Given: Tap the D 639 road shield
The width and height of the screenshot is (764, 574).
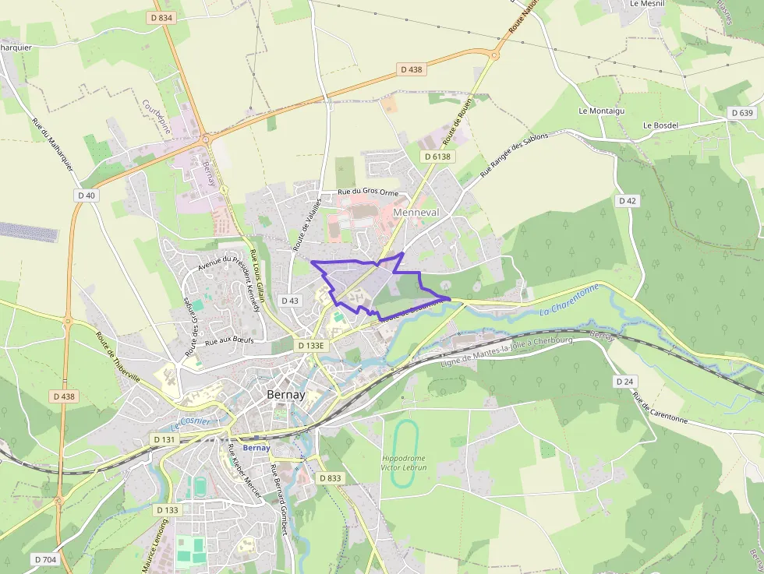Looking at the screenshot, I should coord(744,113).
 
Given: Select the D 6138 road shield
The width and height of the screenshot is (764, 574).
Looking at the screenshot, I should coord(437,157).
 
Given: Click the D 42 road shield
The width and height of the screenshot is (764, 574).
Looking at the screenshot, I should coord(628,201).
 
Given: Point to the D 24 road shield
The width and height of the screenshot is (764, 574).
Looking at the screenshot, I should coord(624,382).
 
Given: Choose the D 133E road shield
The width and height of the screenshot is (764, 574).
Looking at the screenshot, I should coord(311,345).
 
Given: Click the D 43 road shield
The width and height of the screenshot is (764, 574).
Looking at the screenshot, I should coord(289,301).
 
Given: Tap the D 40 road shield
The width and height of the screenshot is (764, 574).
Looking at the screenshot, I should coord(87,195).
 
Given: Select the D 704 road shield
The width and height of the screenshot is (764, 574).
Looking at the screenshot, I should coord(45,559).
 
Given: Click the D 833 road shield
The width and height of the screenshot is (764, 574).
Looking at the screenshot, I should coord(331,478).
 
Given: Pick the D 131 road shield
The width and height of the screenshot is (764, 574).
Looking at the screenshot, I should coord(164,439).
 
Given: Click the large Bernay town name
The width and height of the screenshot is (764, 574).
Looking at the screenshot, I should coord(285,395).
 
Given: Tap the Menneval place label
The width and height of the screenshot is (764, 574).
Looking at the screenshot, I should coord(416,212).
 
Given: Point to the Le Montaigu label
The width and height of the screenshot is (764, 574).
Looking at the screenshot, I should coord(601,111).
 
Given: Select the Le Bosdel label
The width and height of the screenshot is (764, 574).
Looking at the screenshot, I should coord(660,125).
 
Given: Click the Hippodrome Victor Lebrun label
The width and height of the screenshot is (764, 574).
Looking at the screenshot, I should coord(404,463).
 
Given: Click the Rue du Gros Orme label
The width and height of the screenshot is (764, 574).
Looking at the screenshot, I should coord(367,192).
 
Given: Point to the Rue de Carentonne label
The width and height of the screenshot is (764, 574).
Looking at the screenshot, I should coord(660,407).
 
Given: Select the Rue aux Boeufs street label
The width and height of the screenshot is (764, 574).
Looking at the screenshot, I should coord(229,341).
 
